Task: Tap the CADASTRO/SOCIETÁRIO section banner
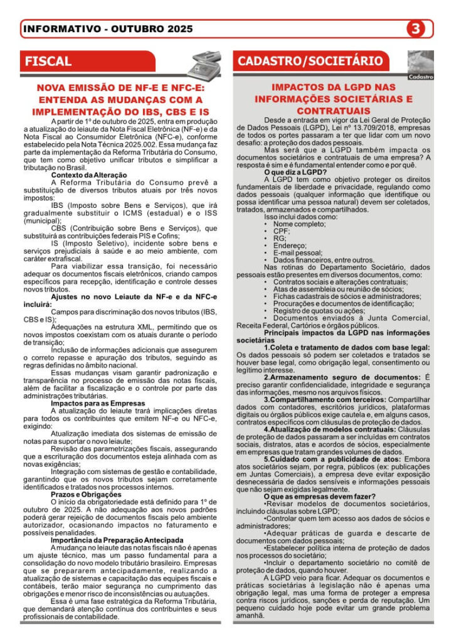tap(310, 61)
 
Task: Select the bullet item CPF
tap(280, 231)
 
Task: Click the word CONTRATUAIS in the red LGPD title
tap(333, 110)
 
